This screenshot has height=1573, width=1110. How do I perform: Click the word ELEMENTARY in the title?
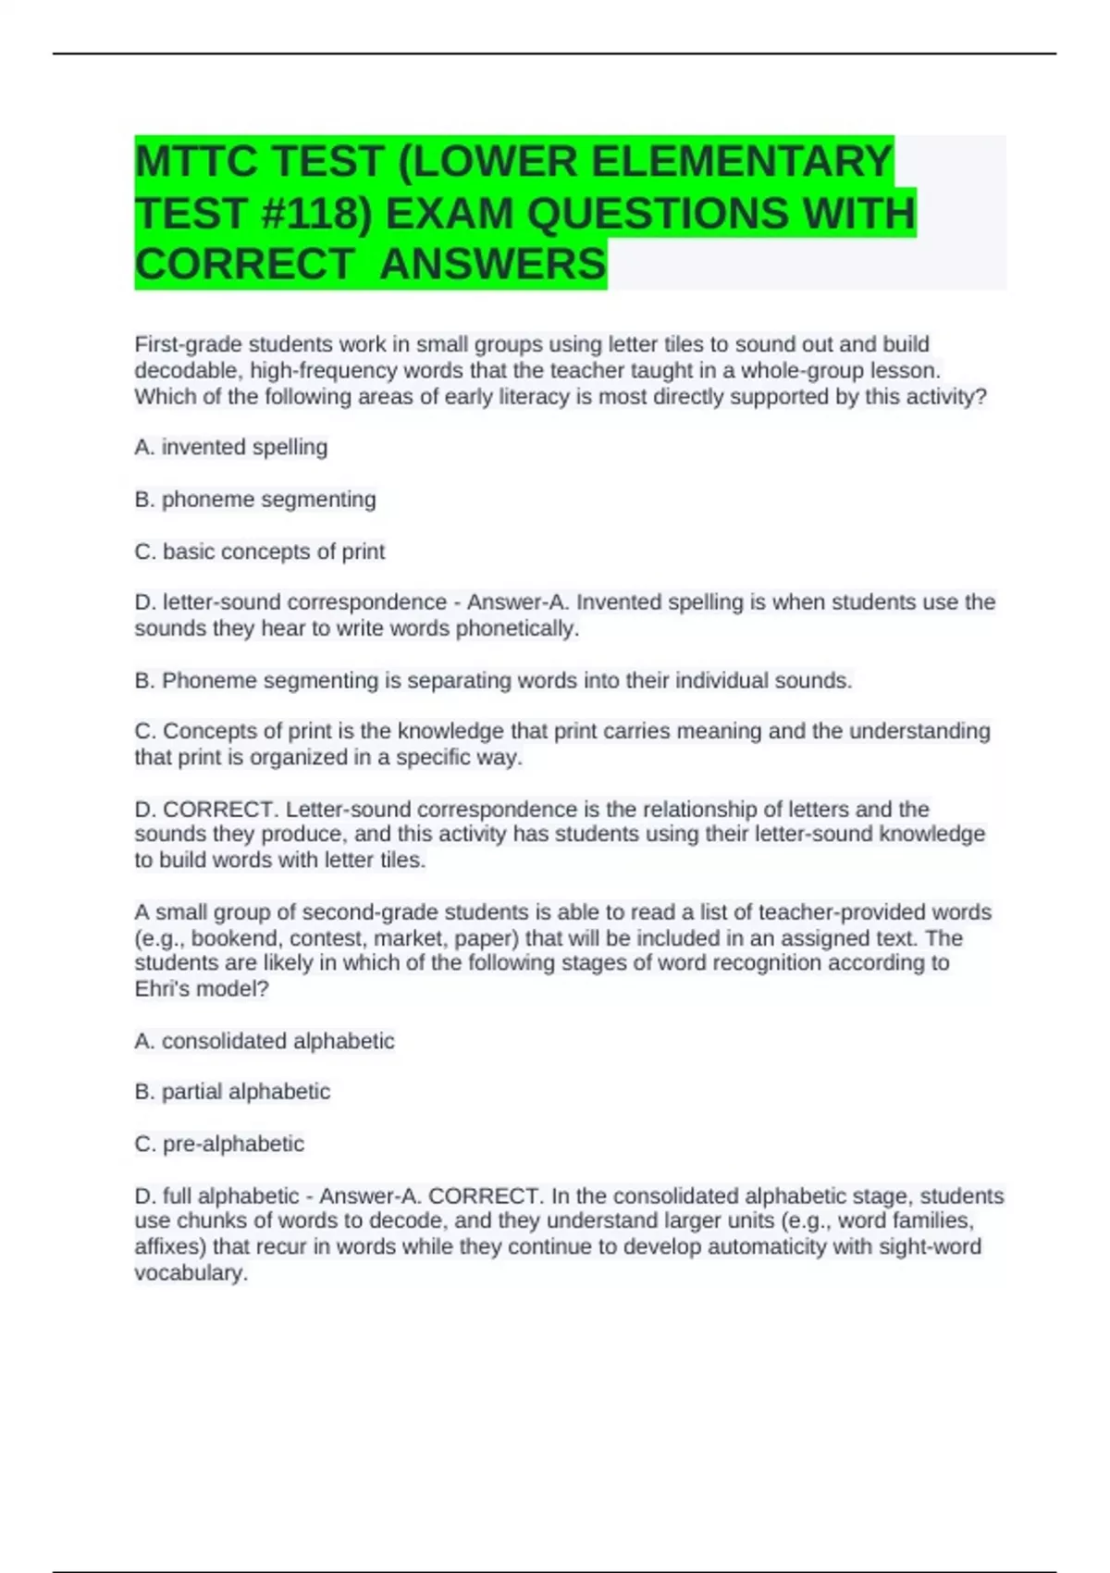point(741,162)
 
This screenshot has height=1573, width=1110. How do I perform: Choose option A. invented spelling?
point(231,447)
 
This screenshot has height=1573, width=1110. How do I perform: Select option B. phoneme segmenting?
point(255,499)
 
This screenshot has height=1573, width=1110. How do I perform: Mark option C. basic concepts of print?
point(260,551)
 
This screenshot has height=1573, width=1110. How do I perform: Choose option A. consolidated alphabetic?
point(265,1041)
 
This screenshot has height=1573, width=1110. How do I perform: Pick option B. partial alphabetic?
point(232,1092)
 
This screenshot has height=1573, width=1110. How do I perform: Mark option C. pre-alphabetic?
point(219,1144)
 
